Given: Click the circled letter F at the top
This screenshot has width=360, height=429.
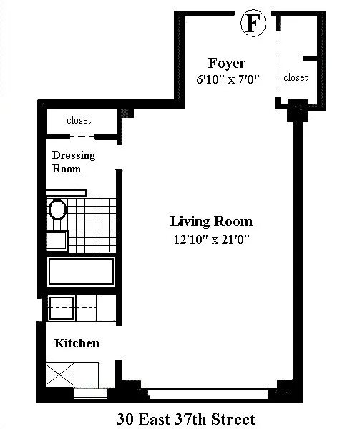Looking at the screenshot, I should pos(253,24).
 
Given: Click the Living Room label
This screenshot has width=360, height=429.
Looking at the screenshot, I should pos(211,221).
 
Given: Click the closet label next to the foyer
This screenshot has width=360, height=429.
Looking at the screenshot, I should pos(296,77).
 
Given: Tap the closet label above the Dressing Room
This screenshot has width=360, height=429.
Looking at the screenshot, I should pos(79,120).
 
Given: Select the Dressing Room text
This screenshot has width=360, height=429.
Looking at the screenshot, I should pos(73,162).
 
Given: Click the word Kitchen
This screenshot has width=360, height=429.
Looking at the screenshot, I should pos(77,343).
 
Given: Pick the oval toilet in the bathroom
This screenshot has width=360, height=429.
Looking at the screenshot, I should pos(58,209).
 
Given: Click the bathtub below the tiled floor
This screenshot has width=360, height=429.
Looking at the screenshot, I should pos(81,272).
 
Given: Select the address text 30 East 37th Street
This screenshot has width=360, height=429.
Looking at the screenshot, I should pos(185,418).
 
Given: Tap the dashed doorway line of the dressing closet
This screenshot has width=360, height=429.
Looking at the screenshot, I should pos(78,136).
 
